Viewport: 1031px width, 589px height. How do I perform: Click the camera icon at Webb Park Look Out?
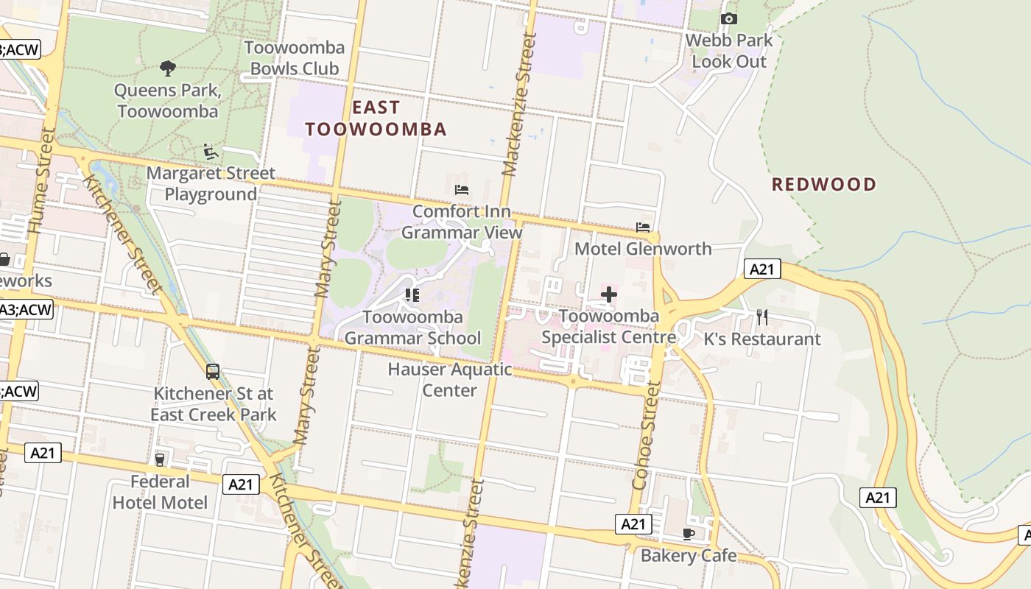point(729,18)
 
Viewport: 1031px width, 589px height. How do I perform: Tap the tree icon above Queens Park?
point(168,68)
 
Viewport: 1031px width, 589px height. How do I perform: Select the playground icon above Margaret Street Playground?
point(211,152)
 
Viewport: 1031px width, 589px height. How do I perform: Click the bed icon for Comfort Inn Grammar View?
point(462,190)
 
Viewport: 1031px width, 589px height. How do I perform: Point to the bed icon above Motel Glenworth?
point(643,228)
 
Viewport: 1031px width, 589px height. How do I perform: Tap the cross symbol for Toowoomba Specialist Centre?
point(609,295)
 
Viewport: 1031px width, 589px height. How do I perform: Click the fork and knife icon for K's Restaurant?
point(762,317)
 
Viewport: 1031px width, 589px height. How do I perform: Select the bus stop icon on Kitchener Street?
point(213,372)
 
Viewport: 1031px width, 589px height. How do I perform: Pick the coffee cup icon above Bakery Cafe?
point(689,534)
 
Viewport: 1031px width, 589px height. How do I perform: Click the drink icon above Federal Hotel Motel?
point(160,459)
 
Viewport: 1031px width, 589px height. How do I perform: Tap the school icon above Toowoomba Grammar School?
point(412,295)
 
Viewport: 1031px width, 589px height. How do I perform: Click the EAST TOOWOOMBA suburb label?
point(376,119)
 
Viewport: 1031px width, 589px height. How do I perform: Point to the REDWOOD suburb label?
point(824,184)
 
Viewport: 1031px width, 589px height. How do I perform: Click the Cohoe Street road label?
point(645,434)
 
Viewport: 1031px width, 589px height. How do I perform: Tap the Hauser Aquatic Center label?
point(450,379)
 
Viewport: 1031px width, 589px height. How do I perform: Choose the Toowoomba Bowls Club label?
point(295,58)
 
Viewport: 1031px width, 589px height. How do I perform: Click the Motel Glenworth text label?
point(643,249)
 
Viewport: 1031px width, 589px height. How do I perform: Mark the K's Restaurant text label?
point(762,339)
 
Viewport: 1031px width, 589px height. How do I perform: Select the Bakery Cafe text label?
point(689,555)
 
